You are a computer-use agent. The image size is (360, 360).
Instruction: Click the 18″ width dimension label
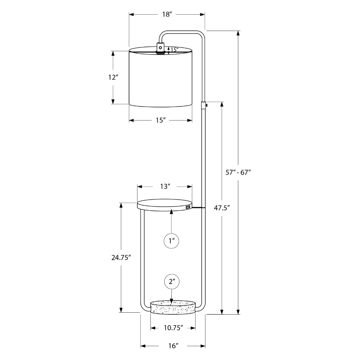167,14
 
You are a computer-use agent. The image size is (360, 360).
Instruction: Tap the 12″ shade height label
113,77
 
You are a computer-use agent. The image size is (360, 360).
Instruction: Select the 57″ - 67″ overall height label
238,172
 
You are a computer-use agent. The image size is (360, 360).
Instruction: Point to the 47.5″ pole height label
222,208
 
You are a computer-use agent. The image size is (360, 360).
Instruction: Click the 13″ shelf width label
165,186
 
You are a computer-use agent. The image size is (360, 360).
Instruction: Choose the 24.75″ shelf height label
121,258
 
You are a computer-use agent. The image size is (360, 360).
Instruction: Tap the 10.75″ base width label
173,328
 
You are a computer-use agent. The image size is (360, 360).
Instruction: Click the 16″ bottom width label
173,346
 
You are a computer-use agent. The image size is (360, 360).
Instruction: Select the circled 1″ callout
171,241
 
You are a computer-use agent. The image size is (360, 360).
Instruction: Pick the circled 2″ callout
172,281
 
